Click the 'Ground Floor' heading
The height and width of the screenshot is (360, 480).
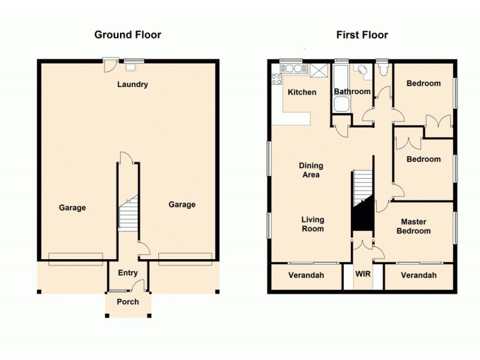[128, 35]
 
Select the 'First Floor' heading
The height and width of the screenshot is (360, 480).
[361, 35]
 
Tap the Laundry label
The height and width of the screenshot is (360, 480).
[132, 85]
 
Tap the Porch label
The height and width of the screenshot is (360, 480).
[128, 302]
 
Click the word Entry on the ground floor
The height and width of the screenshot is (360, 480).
[128, 273]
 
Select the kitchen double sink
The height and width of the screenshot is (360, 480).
[293, 69]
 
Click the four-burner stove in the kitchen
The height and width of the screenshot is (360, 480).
[277, 79]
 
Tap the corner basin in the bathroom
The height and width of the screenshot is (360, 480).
[361, 70]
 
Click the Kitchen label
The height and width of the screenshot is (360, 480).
[302, 92]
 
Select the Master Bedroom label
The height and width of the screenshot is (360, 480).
[413, 226]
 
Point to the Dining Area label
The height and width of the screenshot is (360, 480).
[311, 170]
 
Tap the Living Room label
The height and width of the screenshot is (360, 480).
[312, 224]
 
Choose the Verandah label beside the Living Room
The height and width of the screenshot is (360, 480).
[306, 275]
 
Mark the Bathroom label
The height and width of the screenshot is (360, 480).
[352, 92]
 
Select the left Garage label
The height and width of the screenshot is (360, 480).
[73, 208]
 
